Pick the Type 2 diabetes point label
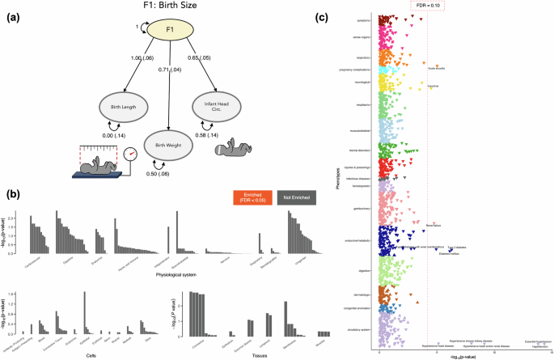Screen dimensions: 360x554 pos(455,248)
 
